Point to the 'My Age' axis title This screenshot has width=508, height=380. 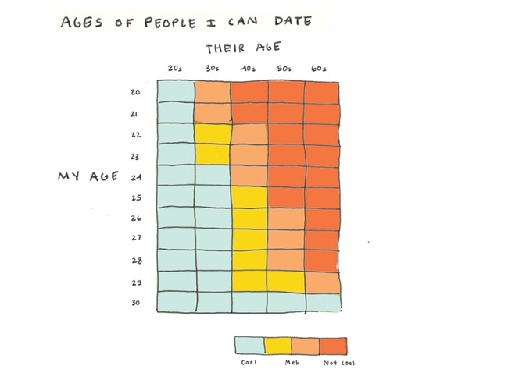[88, 176]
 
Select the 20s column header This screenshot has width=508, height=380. [175, 69]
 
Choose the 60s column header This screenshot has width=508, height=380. [320, 69]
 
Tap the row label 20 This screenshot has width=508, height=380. [135, 93]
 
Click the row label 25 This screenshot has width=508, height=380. [135, 197]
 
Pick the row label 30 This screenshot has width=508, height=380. [135, 303]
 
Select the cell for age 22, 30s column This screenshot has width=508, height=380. [213, 134]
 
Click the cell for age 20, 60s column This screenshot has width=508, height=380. [322, 92]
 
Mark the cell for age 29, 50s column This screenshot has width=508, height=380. [286, 280]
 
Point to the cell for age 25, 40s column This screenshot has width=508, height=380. [249, 197]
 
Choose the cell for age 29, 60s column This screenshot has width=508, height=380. [322, 280]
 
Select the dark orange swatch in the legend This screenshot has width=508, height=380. [334, 345]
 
